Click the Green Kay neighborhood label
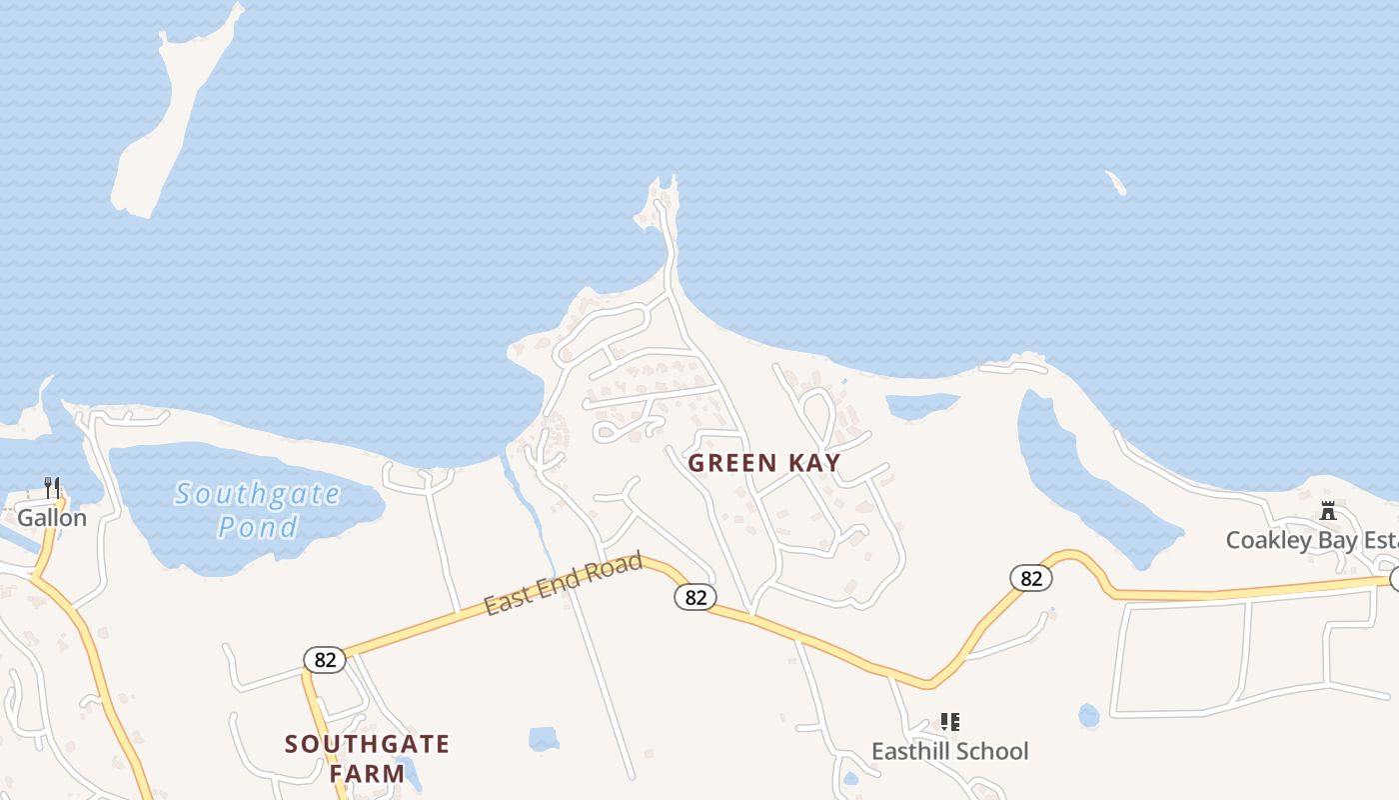pyautogui.click(x=764, y=463)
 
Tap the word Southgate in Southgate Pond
pyautogui.click(x=258, y=494)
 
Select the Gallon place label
pyautogui.click(x=52, y=518)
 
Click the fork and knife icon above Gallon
pyautogui.click(x=52, y=488)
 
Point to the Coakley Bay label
pyautogui.click(x=1310, y=540)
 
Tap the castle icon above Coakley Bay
pyautogui.click(x=1328, y=510)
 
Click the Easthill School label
pyautogui.click(x=949, y=751)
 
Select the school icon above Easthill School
pyautogui.click(x=949, y=721)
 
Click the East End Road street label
pyautogui.click(x=564, y=585)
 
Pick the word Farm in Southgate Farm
pyautogui.click(x=368, y=773)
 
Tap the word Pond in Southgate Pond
pyautogui.click(x=258, y=527)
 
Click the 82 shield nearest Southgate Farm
pyautogui.click(x=325, y=659)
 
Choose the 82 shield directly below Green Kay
pyautogui.click(x=696, y=597)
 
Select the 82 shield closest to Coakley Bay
pyautogui.click(x=1030, y=577)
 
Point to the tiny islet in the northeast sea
pyautogui.click(x=1116, y=183)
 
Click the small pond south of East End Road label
pyautogui.click(x=544, y=739)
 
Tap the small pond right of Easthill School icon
pyautogui.click(x=1088, y=716)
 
